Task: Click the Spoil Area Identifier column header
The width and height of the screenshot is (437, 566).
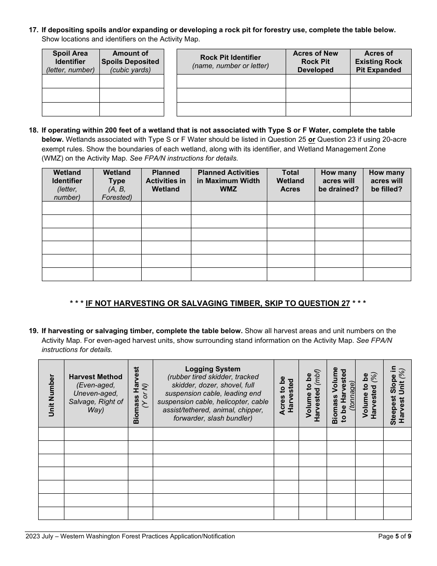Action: (70, 62)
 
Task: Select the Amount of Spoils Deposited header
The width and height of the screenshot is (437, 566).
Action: (131, 62)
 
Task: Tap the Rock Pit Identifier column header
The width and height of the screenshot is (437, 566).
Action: (230, 62)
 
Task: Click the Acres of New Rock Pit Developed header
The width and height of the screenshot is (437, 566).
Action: (316, 62)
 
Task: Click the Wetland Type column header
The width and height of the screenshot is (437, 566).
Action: (117, 185)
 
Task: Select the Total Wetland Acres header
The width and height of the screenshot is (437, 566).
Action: (290, 181)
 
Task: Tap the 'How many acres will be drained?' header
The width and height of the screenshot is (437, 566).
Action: (339, 181)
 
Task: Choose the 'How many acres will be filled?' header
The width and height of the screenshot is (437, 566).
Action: (386, 181)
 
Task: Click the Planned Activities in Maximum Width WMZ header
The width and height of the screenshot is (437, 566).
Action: (229, 181)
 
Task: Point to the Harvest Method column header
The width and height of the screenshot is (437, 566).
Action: (96, 393)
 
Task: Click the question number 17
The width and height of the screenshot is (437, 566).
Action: (33, 30)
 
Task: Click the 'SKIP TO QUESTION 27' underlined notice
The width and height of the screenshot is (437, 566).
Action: (218, 303)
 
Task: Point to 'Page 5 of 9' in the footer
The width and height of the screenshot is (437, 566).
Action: (394, 536)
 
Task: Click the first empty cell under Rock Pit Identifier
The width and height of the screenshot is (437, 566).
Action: (231, 81)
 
